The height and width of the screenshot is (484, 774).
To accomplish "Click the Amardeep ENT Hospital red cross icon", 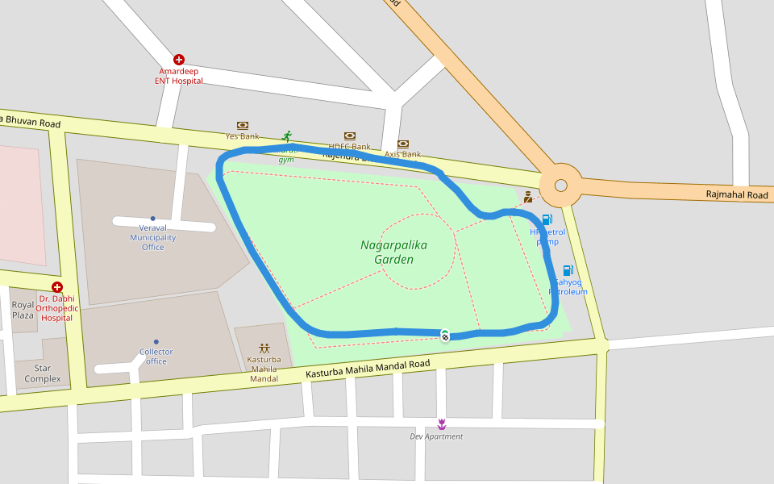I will (179, 60).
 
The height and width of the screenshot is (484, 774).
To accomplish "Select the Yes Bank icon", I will (242, 125).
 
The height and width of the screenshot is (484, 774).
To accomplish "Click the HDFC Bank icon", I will (350, 136).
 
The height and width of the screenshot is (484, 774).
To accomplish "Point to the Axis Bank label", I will (402, 154).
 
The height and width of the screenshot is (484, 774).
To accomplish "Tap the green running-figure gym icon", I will (286, 136).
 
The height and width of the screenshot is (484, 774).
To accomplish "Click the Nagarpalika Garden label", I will (393, 252).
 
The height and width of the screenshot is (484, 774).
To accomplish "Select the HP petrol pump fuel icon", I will (547, 219).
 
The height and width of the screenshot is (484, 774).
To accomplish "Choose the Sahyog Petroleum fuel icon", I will (568, 270).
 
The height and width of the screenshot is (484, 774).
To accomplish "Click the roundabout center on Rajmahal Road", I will (560, 186).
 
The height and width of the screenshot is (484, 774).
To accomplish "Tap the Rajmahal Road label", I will (737, 195).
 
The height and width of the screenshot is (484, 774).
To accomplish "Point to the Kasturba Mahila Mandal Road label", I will (368, 370).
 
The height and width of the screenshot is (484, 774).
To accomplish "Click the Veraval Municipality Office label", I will (152, 238).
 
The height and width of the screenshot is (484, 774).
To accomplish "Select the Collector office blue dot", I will (156, 342).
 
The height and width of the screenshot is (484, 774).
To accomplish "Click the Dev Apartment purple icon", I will (441, 423).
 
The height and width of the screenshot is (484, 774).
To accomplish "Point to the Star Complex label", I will (42, 373).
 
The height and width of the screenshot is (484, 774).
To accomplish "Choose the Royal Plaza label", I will (23, 310).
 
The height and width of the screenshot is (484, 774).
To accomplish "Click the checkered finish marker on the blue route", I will (444, 336).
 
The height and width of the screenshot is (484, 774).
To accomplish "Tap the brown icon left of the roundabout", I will (528, 196).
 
